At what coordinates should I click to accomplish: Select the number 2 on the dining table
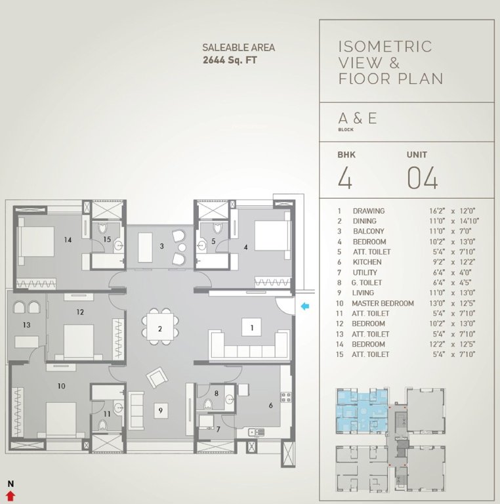[x=159, y=329]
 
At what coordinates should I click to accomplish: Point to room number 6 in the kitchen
[x=270, y=406]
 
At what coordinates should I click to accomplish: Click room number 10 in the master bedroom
[x=61, y=387]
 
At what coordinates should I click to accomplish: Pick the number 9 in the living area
[x=159, y=411]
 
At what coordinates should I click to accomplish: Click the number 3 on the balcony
[x=161, y=247]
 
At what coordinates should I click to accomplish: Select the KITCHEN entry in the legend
[x=367, y=262]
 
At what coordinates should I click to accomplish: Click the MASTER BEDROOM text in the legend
[x=383, y=303]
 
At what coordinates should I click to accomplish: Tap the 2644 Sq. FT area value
[x=229, y=60]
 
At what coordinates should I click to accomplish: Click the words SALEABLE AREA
[x=238, y=47]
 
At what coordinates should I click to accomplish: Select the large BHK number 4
[x=344, y=178]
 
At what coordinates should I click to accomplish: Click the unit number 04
[x=423, y=178]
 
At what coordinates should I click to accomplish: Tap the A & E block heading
[x=357, y=119]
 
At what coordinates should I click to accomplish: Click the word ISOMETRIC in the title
[x=385, y=47]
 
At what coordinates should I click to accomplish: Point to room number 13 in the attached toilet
[x=27, y=325]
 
